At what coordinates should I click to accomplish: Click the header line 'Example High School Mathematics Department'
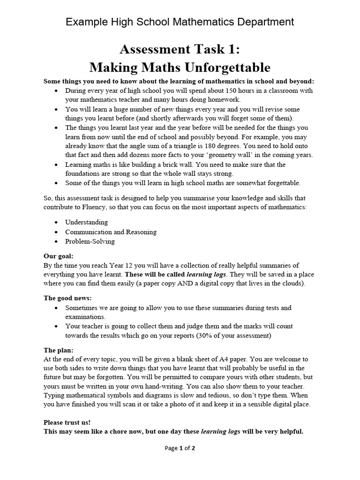[x=180, y=22]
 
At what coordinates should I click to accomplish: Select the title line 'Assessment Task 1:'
[x=180, y=49]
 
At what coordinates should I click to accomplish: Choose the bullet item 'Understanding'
[x=86, y=222]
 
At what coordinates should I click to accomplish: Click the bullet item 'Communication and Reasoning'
[x=111, y=232]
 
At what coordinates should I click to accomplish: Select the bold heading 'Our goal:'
[x=59, y=256]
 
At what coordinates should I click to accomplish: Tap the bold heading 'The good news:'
[x=67, y=298]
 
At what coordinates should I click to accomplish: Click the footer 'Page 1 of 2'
[x=180, y=448]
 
